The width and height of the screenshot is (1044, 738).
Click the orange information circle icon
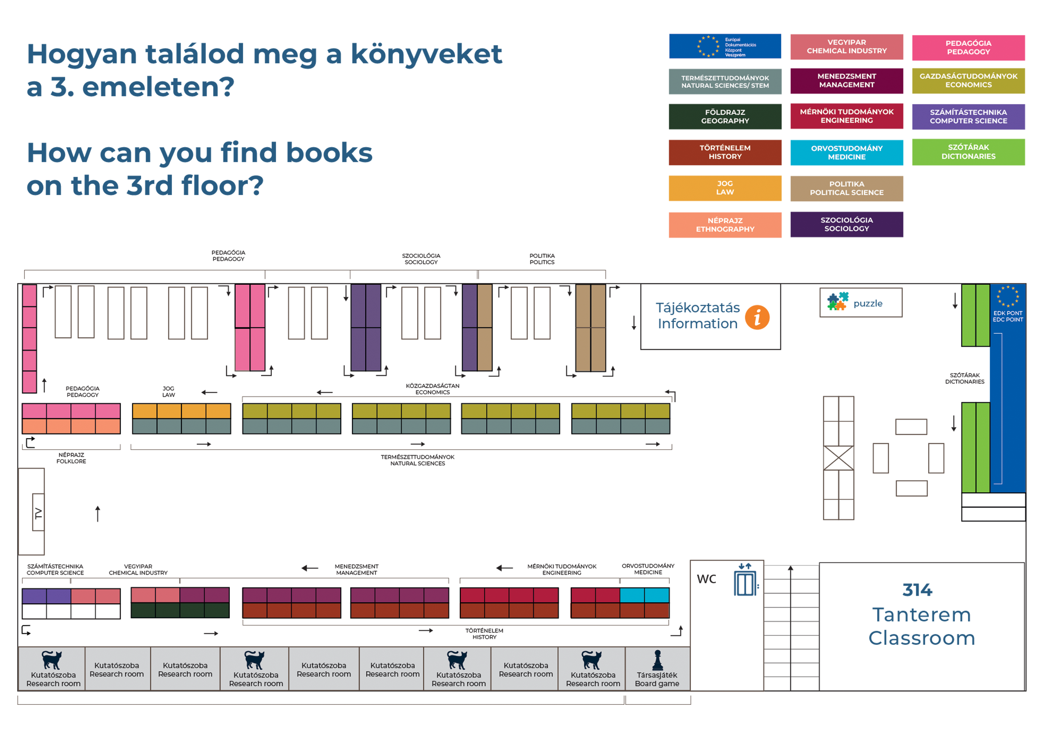tap(757, 317)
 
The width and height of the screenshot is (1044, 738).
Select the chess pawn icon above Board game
tap(657, 660)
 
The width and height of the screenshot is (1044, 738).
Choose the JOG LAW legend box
tap(725, 188)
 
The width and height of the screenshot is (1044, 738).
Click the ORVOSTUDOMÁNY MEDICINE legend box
tap(847, 152)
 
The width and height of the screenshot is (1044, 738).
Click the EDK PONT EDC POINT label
tap(1008, 316)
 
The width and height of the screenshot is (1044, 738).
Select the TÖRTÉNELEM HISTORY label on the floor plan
tap(484, 633)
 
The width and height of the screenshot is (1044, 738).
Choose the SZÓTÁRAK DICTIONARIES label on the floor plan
tap(964, 378)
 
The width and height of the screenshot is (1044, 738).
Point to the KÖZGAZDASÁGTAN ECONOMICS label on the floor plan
tap(432, 389)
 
